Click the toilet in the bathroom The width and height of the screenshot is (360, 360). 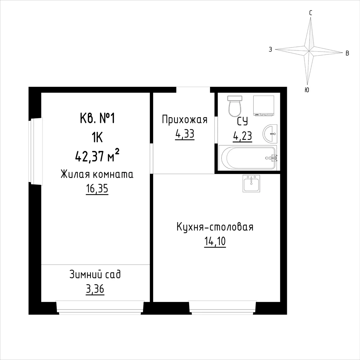[x=235, y=106]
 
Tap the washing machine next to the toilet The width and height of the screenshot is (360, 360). [x=263, y=105]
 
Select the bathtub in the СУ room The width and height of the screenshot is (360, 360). [x=248, y=158]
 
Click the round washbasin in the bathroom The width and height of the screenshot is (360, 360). [x=270, y=134]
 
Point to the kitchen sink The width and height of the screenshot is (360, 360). [x=252, y=183]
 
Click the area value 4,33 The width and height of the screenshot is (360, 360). [x=185, y=134]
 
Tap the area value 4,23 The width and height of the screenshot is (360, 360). [x=243, y=136]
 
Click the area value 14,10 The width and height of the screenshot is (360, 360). [x=215, y=241]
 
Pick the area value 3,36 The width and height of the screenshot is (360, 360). [x=95, y=289]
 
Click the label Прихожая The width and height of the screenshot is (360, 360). [x=185, y=120]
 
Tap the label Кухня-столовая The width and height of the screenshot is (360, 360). [x=215, y=227]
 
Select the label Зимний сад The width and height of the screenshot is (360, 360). [x=95, y=275]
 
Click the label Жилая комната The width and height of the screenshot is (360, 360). [x=97, y=174]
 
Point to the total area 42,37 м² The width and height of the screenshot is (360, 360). [x=97, y=156]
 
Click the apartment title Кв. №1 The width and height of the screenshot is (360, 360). [x=97, y=119]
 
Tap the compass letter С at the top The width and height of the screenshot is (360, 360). [x=311, y=13]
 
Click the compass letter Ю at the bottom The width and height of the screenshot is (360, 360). [x=307, y=90]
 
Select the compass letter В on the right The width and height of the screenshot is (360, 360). [x=347, y=53]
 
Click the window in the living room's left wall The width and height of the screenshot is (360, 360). [x=36, y=151]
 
